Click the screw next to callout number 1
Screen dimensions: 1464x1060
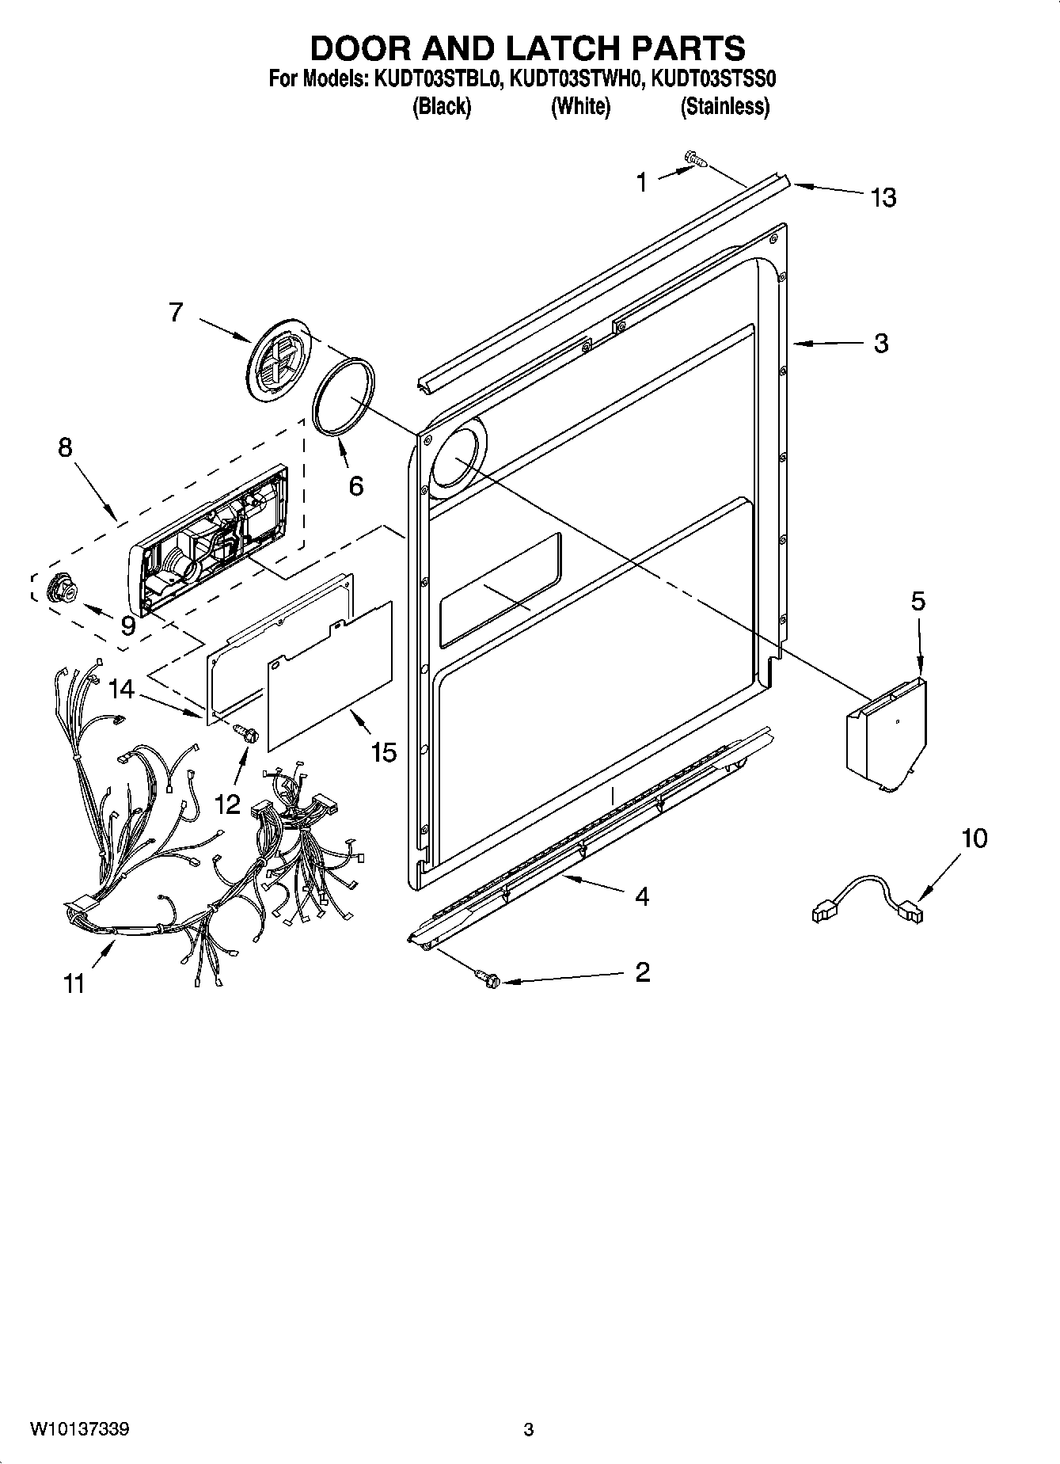(x=696, y=160)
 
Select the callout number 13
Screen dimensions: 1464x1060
(x=883, y=197)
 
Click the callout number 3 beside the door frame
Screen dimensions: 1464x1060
(x=880, y=343)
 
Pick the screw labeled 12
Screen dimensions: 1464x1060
(x=247, y=734)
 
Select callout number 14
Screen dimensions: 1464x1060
(x=121, y=690)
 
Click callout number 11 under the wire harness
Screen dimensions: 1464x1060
(x=74, y=984)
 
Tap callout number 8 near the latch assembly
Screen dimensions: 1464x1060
(x=65, y=447)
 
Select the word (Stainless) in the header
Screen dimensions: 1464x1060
(x=724, y=106)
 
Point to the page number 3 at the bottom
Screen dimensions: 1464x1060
(x=529, y=1430)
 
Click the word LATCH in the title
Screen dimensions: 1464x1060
(x=549, y=48)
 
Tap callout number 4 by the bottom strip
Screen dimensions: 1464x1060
(x=642, y=896)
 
